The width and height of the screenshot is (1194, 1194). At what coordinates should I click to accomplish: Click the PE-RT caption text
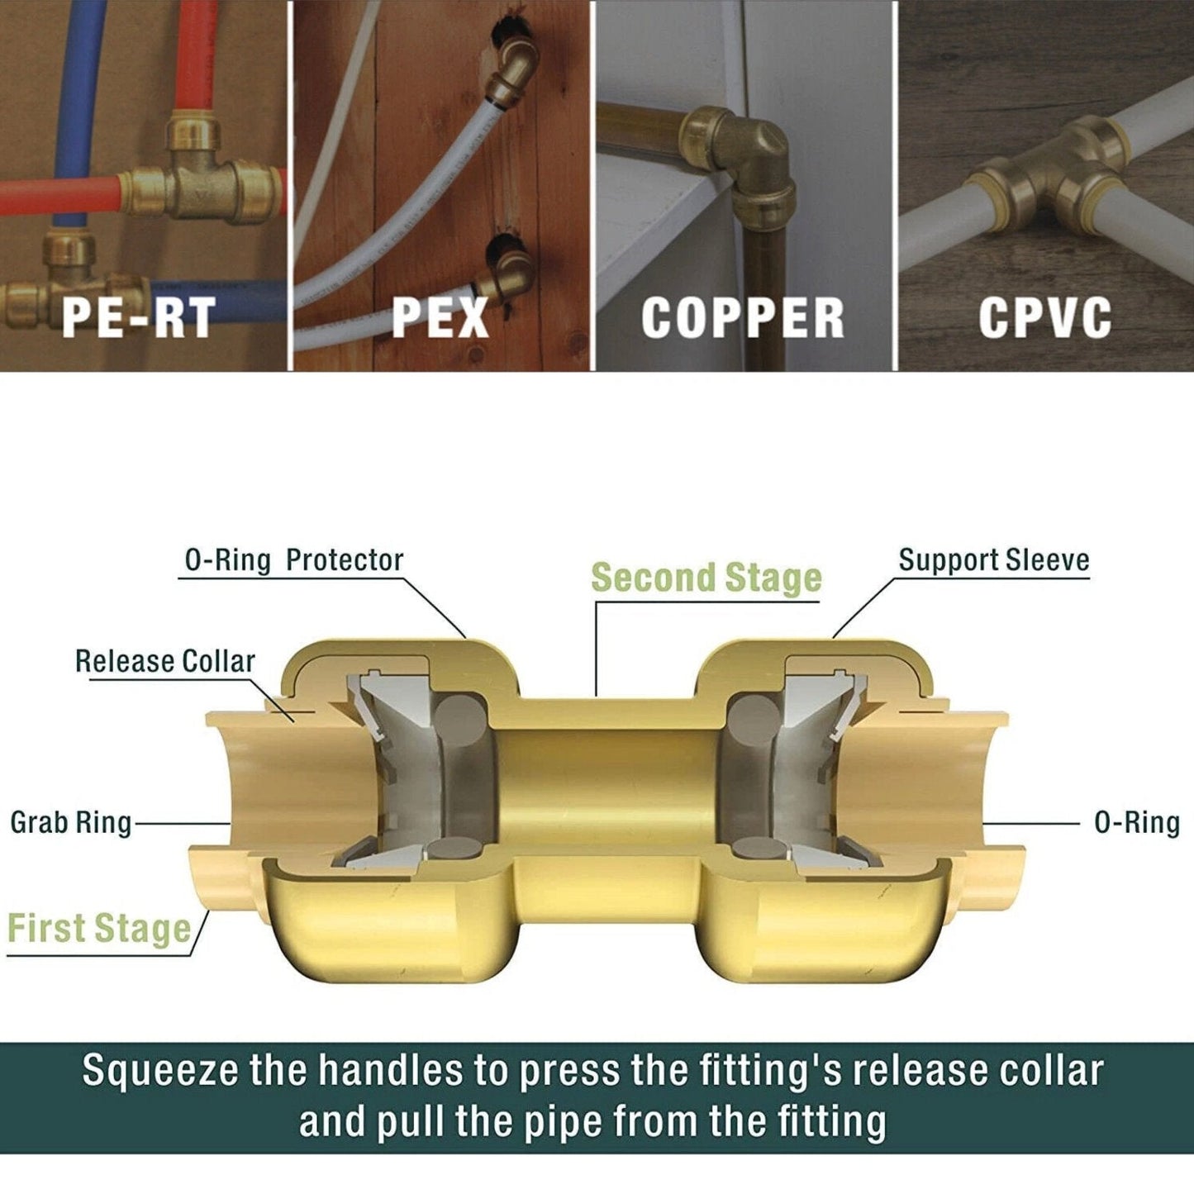[140, 316]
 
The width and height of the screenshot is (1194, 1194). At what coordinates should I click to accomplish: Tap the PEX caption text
[440, 316]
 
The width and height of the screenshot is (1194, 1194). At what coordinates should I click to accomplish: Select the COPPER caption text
[742, 316]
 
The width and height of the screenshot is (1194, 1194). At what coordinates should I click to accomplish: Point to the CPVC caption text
[1044, 316]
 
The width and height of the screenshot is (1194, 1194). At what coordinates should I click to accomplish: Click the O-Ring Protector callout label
[293, 560]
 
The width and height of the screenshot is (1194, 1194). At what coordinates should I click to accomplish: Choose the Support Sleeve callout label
[994, 559]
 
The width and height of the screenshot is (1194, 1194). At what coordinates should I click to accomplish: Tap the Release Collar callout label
[164, 661]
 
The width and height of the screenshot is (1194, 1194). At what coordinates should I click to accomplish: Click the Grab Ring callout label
[71, 823]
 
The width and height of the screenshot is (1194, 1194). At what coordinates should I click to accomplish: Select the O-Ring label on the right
[1137, 823]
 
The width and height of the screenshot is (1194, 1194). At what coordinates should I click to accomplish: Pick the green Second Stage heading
[706, 578]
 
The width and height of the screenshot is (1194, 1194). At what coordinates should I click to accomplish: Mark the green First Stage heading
[99, 928]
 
